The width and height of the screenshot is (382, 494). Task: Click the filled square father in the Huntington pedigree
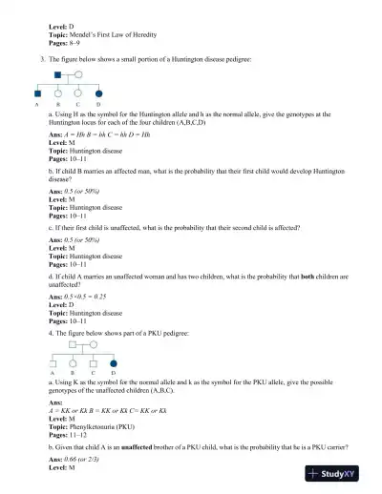[58, 73]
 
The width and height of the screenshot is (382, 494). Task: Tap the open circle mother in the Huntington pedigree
[78, 73]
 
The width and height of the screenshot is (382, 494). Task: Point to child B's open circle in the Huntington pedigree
[58, 94]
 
